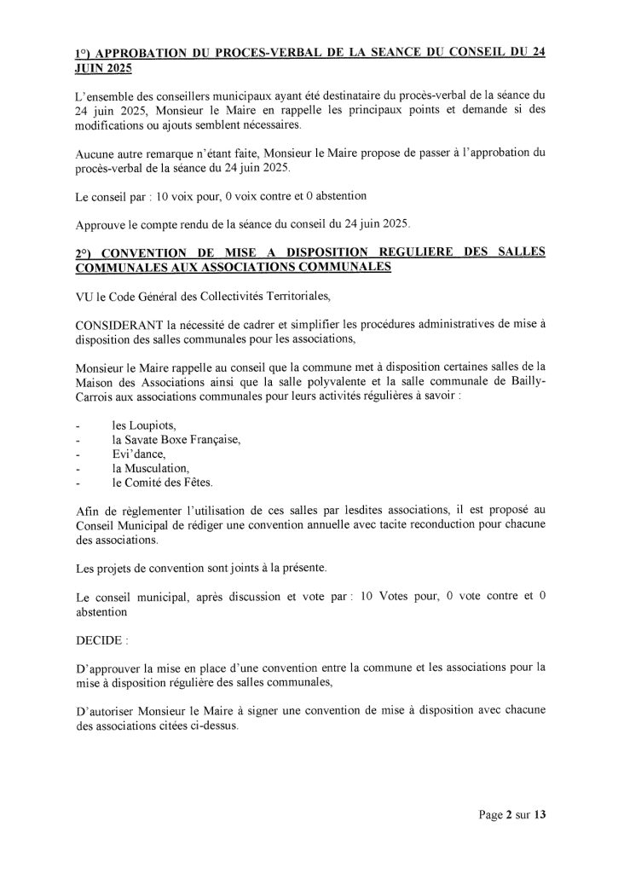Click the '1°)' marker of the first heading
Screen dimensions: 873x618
[84, 52]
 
